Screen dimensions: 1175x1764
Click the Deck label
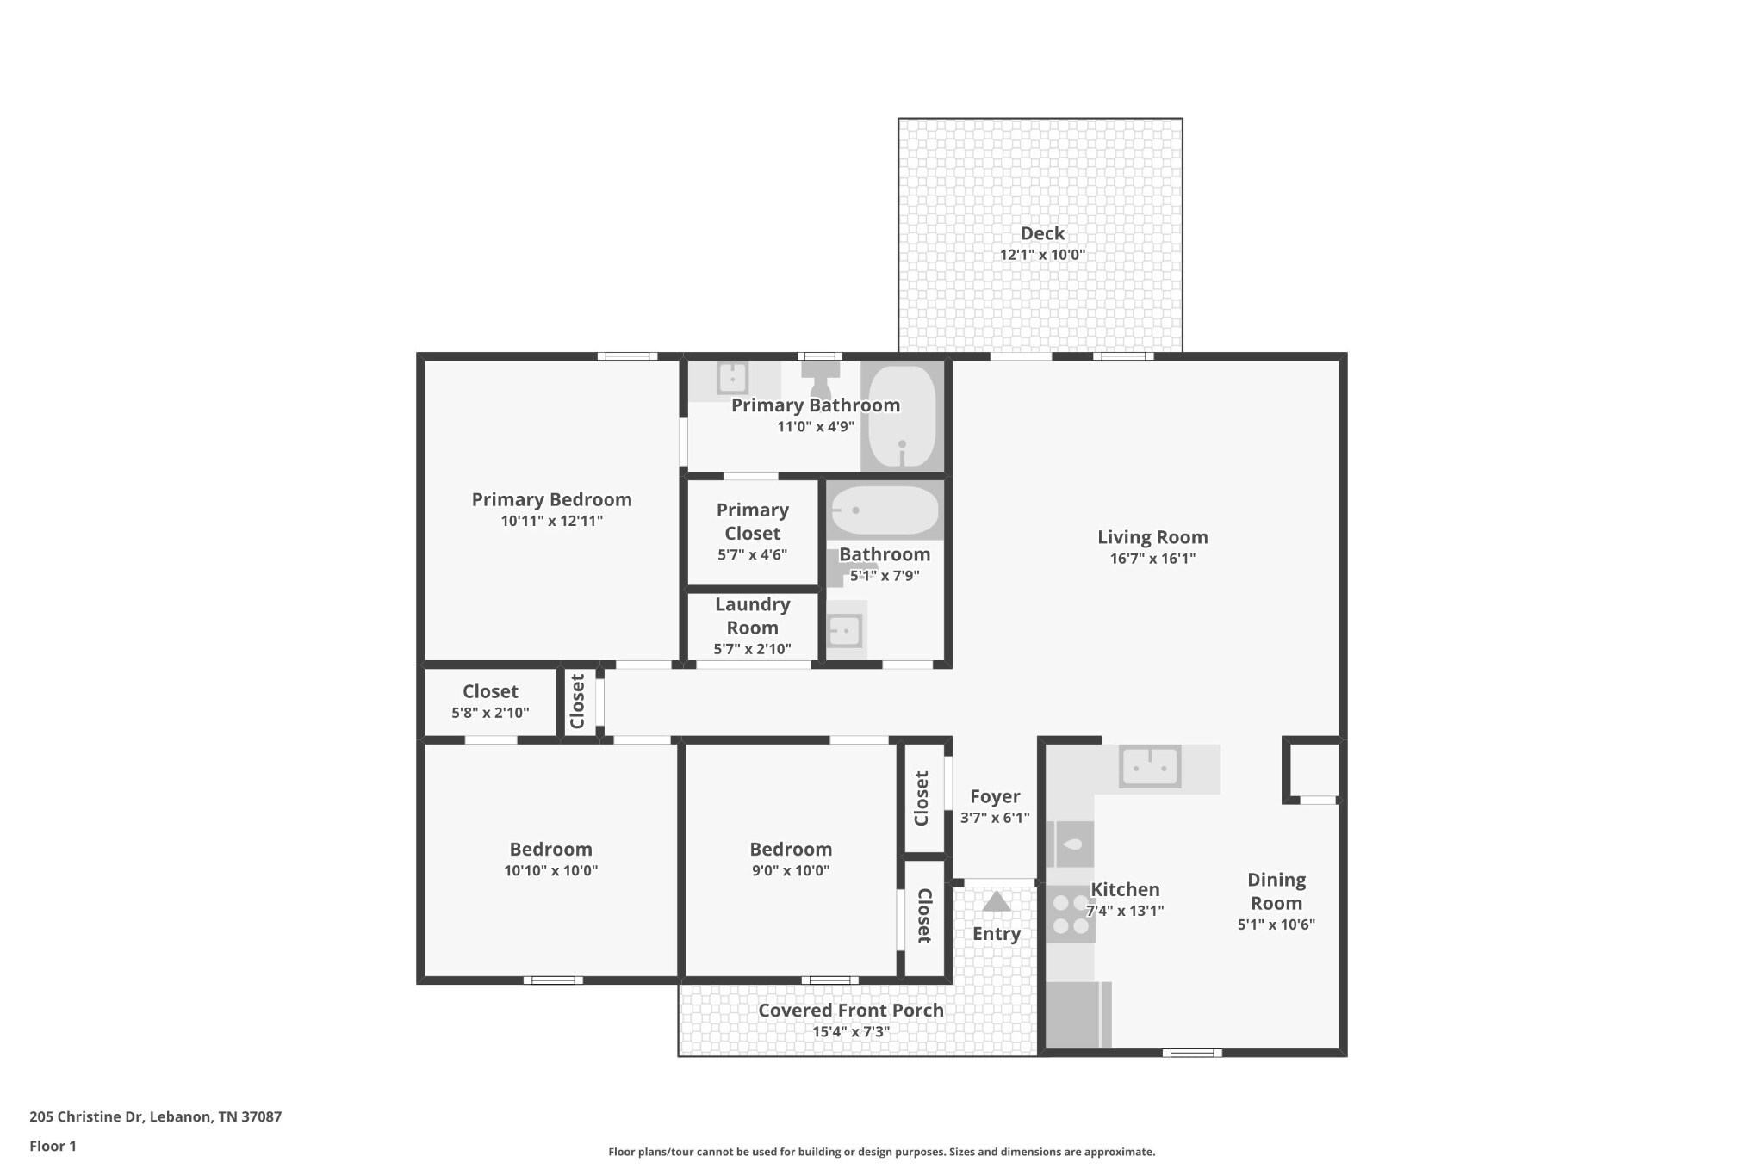pos(1041,233)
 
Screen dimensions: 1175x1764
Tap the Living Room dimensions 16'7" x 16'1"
pos(1152,559)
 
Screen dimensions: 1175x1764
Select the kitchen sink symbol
pos(1149,766)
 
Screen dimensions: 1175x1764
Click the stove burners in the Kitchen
pos(1071,914)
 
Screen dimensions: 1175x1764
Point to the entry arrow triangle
pos(997,902)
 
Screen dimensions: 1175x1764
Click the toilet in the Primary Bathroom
pos(821,379)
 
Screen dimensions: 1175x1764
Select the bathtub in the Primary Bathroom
pos(901,417)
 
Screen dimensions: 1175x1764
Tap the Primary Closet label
pos(752,522)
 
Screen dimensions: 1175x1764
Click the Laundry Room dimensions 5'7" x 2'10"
pos(752,649)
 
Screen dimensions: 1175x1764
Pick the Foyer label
pos(995,796)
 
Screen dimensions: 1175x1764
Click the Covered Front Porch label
pos(850,1011)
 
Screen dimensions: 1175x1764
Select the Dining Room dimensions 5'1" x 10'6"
pos(1276,925)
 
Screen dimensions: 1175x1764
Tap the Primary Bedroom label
pos(551,499)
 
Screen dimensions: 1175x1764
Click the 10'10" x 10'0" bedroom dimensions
pos(550,870)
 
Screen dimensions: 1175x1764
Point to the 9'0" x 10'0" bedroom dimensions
pos(790,870)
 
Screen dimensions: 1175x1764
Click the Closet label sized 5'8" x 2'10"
pos(490,691)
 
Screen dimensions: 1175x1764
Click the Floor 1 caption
pos(53,1146)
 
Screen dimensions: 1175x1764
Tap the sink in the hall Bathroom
pos(845,631)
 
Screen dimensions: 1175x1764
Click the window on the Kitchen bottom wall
pos(1191,1052)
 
